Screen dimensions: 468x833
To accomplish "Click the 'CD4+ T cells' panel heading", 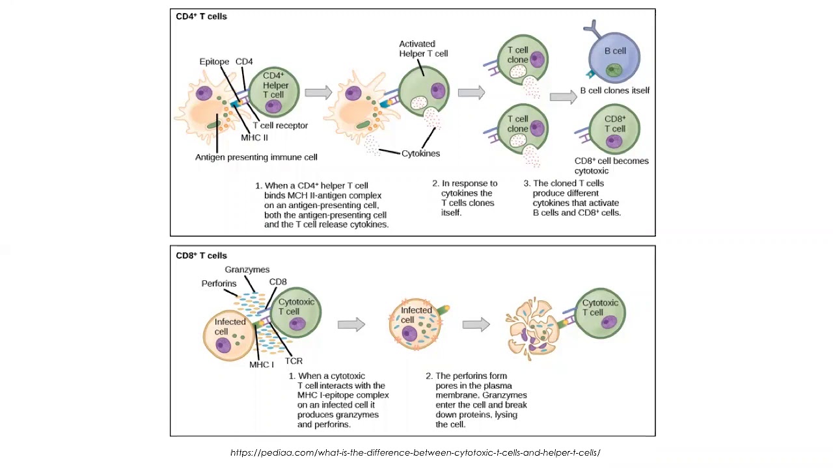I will pyautogui.click(x=201, y=16).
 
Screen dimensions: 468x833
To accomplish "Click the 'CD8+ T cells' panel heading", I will pyautogui.click(x=201, y=255).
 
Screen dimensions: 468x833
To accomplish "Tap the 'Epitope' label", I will pyautogui.click(x=214, y=62).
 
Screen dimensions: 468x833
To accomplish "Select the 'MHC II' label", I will pyautogui.click(x=254, y=138).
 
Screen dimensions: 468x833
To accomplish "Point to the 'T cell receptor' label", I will pyautogui.click(x=280, y=125).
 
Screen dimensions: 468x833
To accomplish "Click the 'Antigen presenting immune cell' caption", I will pyautogui.click(x=256, y=157).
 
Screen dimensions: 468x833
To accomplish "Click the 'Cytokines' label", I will pyautogui.click(x=420, y=153).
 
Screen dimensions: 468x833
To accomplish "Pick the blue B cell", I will pyautogui.click(x=614, y=57).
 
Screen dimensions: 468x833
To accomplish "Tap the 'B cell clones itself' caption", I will pyautogui.click(x=614, y=90).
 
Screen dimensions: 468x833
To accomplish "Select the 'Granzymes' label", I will pyautogui.click(x=247, y=270).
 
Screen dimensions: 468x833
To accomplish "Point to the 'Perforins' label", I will pyautogui.click(x=219, y=284).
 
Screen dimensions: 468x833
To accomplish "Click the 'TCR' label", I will pyautogui.click(x=294, y=361).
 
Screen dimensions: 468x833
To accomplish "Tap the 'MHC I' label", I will pyautogui.click(x=261, y=365).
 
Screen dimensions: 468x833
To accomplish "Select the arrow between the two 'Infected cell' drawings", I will pyautogui.click(x=351, y=324).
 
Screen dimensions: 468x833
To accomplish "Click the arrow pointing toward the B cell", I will pyautogui.click(x=563, y=97).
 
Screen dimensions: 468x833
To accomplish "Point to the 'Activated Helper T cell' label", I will pyautogui.click(x=423, y=49).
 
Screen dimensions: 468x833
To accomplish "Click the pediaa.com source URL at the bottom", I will pyautogui.click(x=415, y=452).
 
